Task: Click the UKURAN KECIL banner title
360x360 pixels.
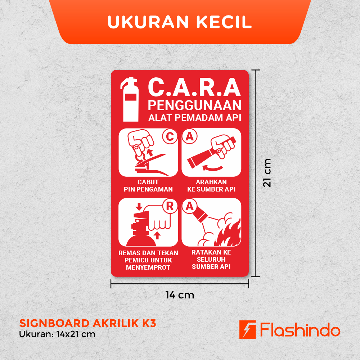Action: click(180, 22)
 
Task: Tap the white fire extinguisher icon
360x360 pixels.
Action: click(130, 99)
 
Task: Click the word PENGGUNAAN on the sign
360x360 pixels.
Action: click(194, 105)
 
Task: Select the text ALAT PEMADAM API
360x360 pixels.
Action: click(195, 118)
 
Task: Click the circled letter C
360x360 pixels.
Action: click(170, 136)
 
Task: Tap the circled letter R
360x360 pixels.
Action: click(170, 206)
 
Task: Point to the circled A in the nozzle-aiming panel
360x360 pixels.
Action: click(190, 136)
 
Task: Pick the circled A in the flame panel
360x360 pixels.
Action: click(190, 206)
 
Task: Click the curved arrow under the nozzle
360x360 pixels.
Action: click(213, 168)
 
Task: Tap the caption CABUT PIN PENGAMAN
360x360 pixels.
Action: click(148, 185)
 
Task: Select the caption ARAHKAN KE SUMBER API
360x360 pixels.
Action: click(211, 185)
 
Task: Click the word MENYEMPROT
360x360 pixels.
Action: click(148, 267)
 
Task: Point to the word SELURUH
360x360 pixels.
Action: click(211, 260)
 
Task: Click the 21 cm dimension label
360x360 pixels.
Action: click(267, 173)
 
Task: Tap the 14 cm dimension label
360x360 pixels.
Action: click(180, 295)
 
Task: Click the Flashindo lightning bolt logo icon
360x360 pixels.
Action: click(248, 329)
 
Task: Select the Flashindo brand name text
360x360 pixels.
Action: click(300, 330)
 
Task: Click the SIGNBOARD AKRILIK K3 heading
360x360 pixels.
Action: click(88, 323)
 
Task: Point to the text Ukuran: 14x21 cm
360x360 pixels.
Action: click(57, 334)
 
